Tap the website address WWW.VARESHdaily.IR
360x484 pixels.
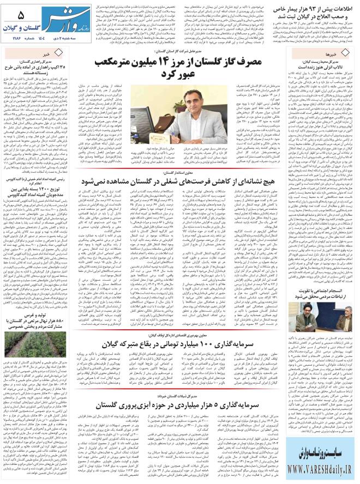tap(319, 469)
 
